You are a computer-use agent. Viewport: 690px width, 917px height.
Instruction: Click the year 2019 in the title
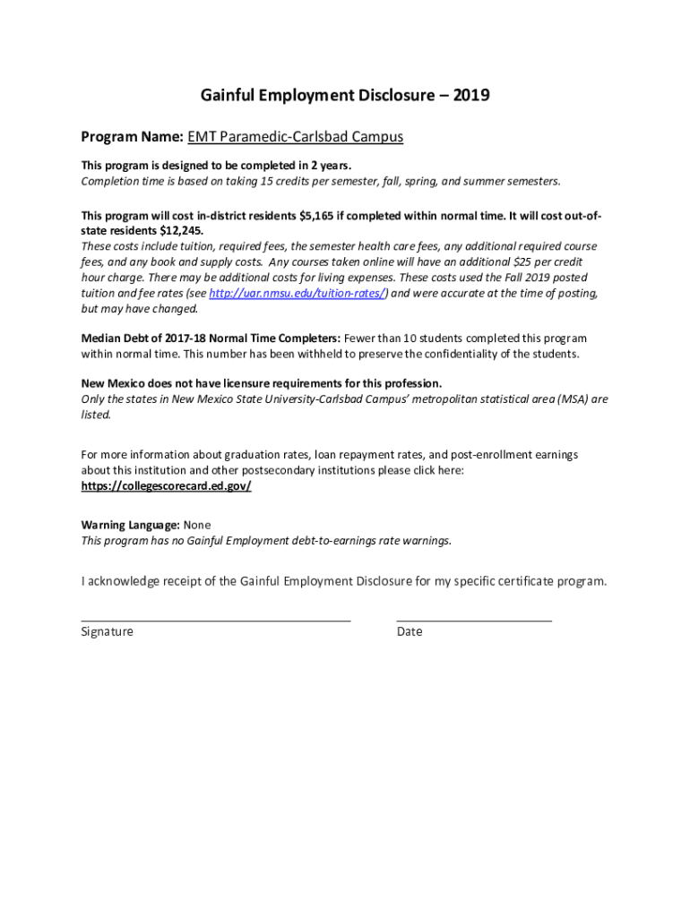click(x=471, y=95)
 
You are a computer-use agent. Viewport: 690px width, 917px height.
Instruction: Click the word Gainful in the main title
click(x=229, y=95)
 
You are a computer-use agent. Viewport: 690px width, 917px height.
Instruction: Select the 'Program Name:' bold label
click(x=132, y=137)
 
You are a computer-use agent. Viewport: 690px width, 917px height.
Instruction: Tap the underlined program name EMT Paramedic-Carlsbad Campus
click(x=296, y=137)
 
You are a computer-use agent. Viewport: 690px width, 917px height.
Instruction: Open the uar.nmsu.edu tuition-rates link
click(x=298, y=294)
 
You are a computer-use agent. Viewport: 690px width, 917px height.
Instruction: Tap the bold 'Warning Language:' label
click(x=130, y=525)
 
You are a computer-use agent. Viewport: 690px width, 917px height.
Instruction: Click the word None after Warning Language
click(x=197, y=525)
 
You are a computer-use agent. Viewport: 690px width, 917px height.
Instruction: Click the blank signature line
click(x=215, y=618)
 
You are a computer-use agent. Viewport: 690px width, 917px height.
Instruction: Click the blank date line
click(x=473, y=618)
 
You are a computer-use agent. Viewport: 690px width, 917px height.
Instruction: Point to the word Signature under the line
click(x=107, y=631)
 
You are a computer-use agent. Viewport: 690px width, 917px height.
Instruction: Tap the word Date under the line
click(x=409, y=631)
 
